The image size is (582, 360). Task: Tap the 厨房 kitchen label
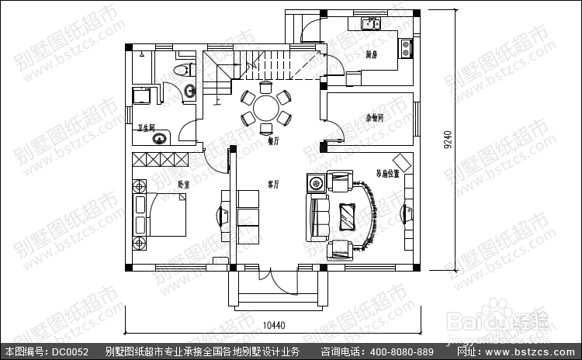371,54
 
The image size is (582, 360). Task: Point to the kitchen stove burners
404,48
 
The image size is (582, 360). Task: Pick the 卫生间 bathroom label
147,126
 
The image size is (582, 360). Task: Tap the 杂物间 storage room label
376,119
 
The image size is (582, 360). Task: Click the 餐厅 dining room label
272,142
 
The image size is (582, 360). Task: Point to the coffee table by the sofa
345,215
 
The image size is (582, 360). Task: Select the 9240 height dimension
448,140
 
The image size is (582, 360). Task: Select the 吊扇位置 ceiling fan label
388,175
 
